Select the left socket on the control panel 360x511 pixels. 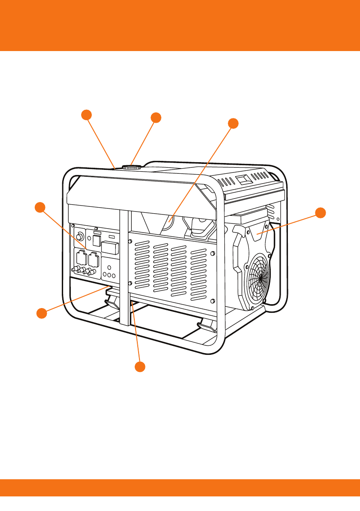tap(81, 259)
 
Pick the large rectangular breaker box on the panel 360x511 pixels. tap(110, 248)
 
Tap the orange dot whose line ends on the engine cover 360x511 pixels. tap(321, 212)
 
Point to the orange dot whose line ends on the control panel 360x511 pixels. tap(39, 207)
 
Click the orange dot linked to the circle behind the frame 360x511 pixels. tap(233, 122)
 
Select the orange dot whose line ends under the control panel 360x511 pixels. tap(41, 313)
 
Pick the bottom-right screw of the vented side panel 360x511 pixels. tap(213, 300)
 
